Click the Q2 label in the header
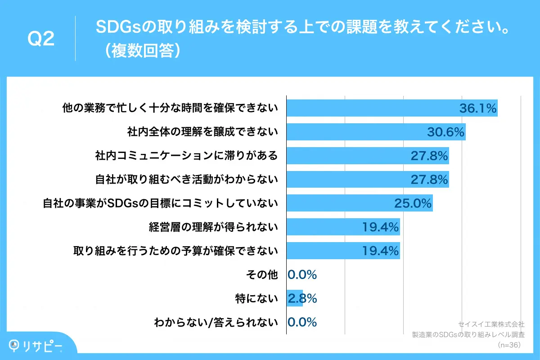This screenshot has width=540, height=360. point(41,39)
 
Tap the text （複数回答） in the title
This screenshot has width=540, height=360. point(142,51)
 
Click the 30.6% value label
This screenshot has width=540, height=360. point(445,132)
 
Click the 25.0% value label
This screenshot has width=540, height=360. point(413,203)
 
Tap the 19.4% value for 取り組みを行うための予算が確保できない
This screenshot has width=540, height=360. point(381,251)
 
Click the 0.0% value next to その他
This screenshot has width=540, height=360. point(302,274)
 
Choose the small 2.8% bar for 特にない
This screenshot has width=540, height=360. point(295,298)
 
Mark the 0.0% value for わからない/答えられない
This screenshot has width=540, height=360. point(302,322)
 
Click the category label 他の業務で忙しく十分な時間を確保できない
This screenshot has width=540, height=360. point(170,108)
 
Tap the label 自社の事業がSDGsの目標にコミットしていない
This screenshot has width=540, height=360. point(161,203)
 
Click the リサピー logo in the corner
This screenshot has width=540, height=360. point(36,345)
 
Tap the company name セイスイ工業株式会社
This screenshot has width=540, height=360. point(491,324)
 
